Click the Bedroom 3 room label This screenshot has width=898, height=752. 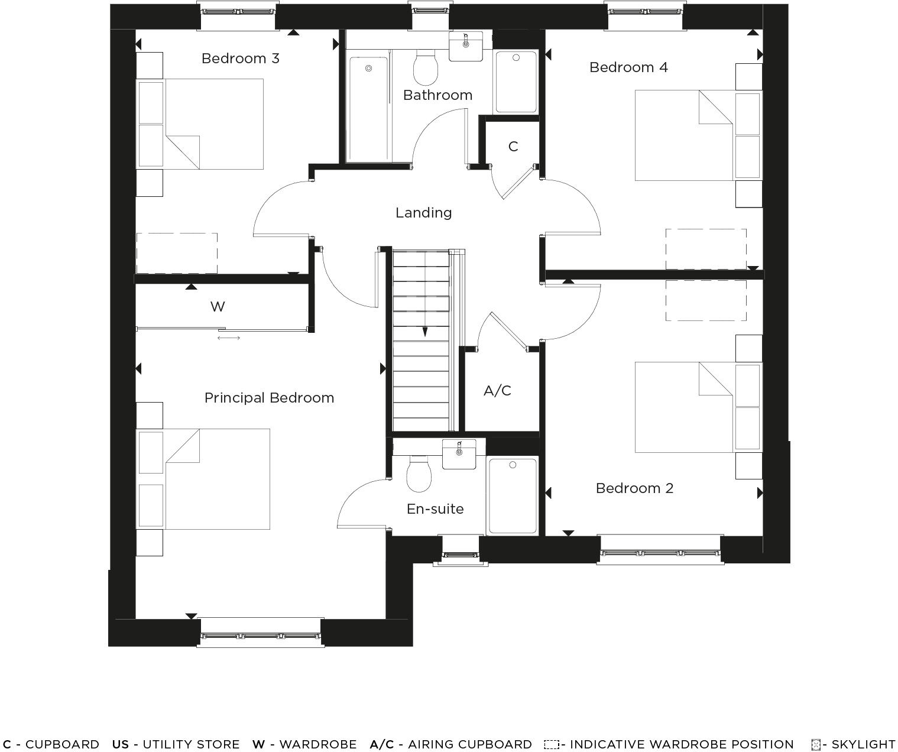[x=240, y=59]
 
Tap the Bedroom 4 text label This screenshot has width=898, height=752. [x=628, y=67]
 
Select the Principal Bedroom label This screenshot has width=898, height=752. [x=269, y=398]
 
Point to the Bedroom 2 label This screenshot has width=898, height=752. [x=634, y=488]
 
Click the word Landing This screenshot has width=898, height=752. [x=423, y=213]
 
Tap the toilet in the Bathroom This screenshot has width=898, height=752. [x=425, y=69]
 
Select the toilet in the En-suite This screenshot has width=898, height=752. [x=419, y=474]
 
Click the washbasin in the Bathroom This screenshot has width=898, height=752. [x=466, y=46]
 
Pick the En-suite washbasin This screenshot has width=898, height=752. [x=459, y=454]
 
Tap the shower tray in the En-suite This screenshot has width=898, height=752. [x=512, y=495]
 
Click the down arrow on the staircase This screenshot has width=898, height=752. [x=424, y=332]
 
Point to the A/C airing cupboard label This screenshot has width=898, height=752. [x=497, y=391]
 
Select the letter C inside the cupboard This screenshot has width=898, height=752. [x=513, y=146]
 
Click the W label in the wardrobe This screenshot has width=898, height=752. [x=218, y=307]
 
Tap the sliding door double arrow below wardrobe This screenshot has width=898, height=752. [x=229, y=338]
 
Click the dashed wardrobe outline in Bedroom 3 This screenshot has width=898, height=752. [x=177, y=253]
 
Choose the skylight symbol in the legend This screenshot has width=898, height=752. [x=816, y=745]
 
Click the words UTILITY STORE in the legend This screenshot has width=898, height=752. [x=191, y=744]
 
